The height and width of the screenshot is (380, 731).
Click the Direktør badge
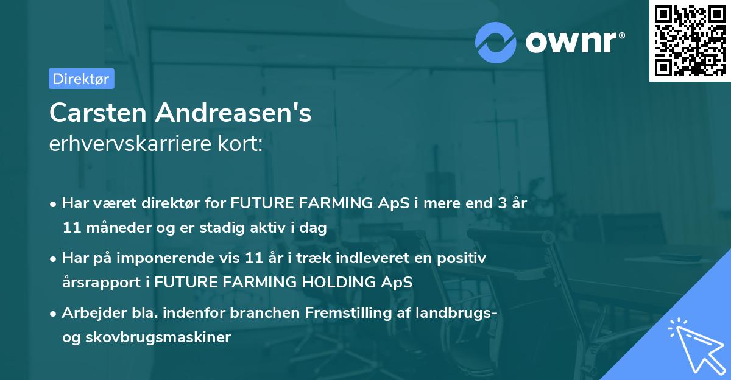(x=81, y=79)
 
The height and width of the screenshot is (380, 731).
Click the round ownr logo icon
(x=496, y=41)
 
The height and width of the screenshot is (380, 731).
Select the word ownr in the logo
(x=574, y=41)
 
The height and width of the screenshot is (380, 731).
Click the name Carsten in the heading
(x=97, y=113)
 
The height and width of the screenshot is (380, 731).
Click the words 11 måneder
(x=97, y=228)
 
